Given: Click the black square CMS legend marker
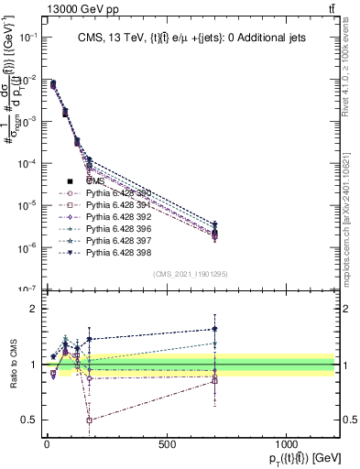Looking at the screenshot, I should (70, 182).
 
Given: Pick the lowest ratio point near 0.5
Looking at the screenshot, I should (89, 420).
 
